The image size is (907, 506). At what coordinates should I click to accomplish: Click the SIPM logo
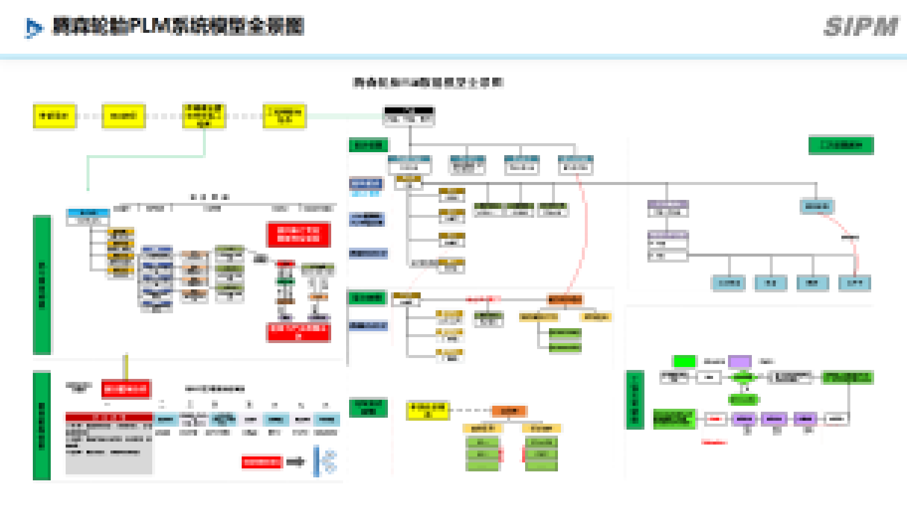861,27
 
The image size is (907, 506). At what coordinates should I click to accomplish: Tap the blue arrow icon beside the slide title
33,27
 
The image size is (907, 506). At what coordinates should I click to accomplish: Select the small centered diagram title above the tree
428,82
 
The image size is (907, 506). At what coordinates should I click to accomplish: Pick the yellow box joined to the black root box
284,116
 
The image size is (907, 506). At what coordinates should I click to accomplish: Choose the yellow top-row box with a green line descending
203,116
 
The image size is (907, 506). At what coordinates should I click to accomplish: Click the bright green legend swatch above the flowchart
684,361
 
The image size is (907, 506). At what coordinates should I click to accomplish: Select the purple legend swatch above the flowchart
740,361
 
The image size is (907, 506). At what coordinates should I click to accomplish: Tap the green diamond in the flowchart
743,377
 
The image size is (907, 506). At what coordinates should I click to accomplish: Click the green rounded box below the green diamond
743,399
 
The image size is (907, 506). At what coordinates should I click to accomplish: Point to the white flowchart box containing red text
715,419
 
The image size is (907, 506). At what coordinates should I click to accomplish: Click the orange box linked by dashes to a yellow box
509,411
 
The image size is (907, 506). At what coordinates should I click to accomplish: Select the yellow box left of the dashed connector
427,411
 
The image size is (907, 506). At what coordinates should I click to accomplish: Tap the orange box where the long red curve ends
564,300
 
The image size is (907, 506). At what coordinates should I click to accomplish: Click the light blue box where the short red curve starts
817,206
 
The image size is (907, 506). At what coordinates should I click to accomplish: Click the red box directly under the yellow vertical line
126,389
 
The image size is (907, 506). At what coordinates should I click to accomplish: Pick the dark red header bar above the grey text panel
109,417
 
